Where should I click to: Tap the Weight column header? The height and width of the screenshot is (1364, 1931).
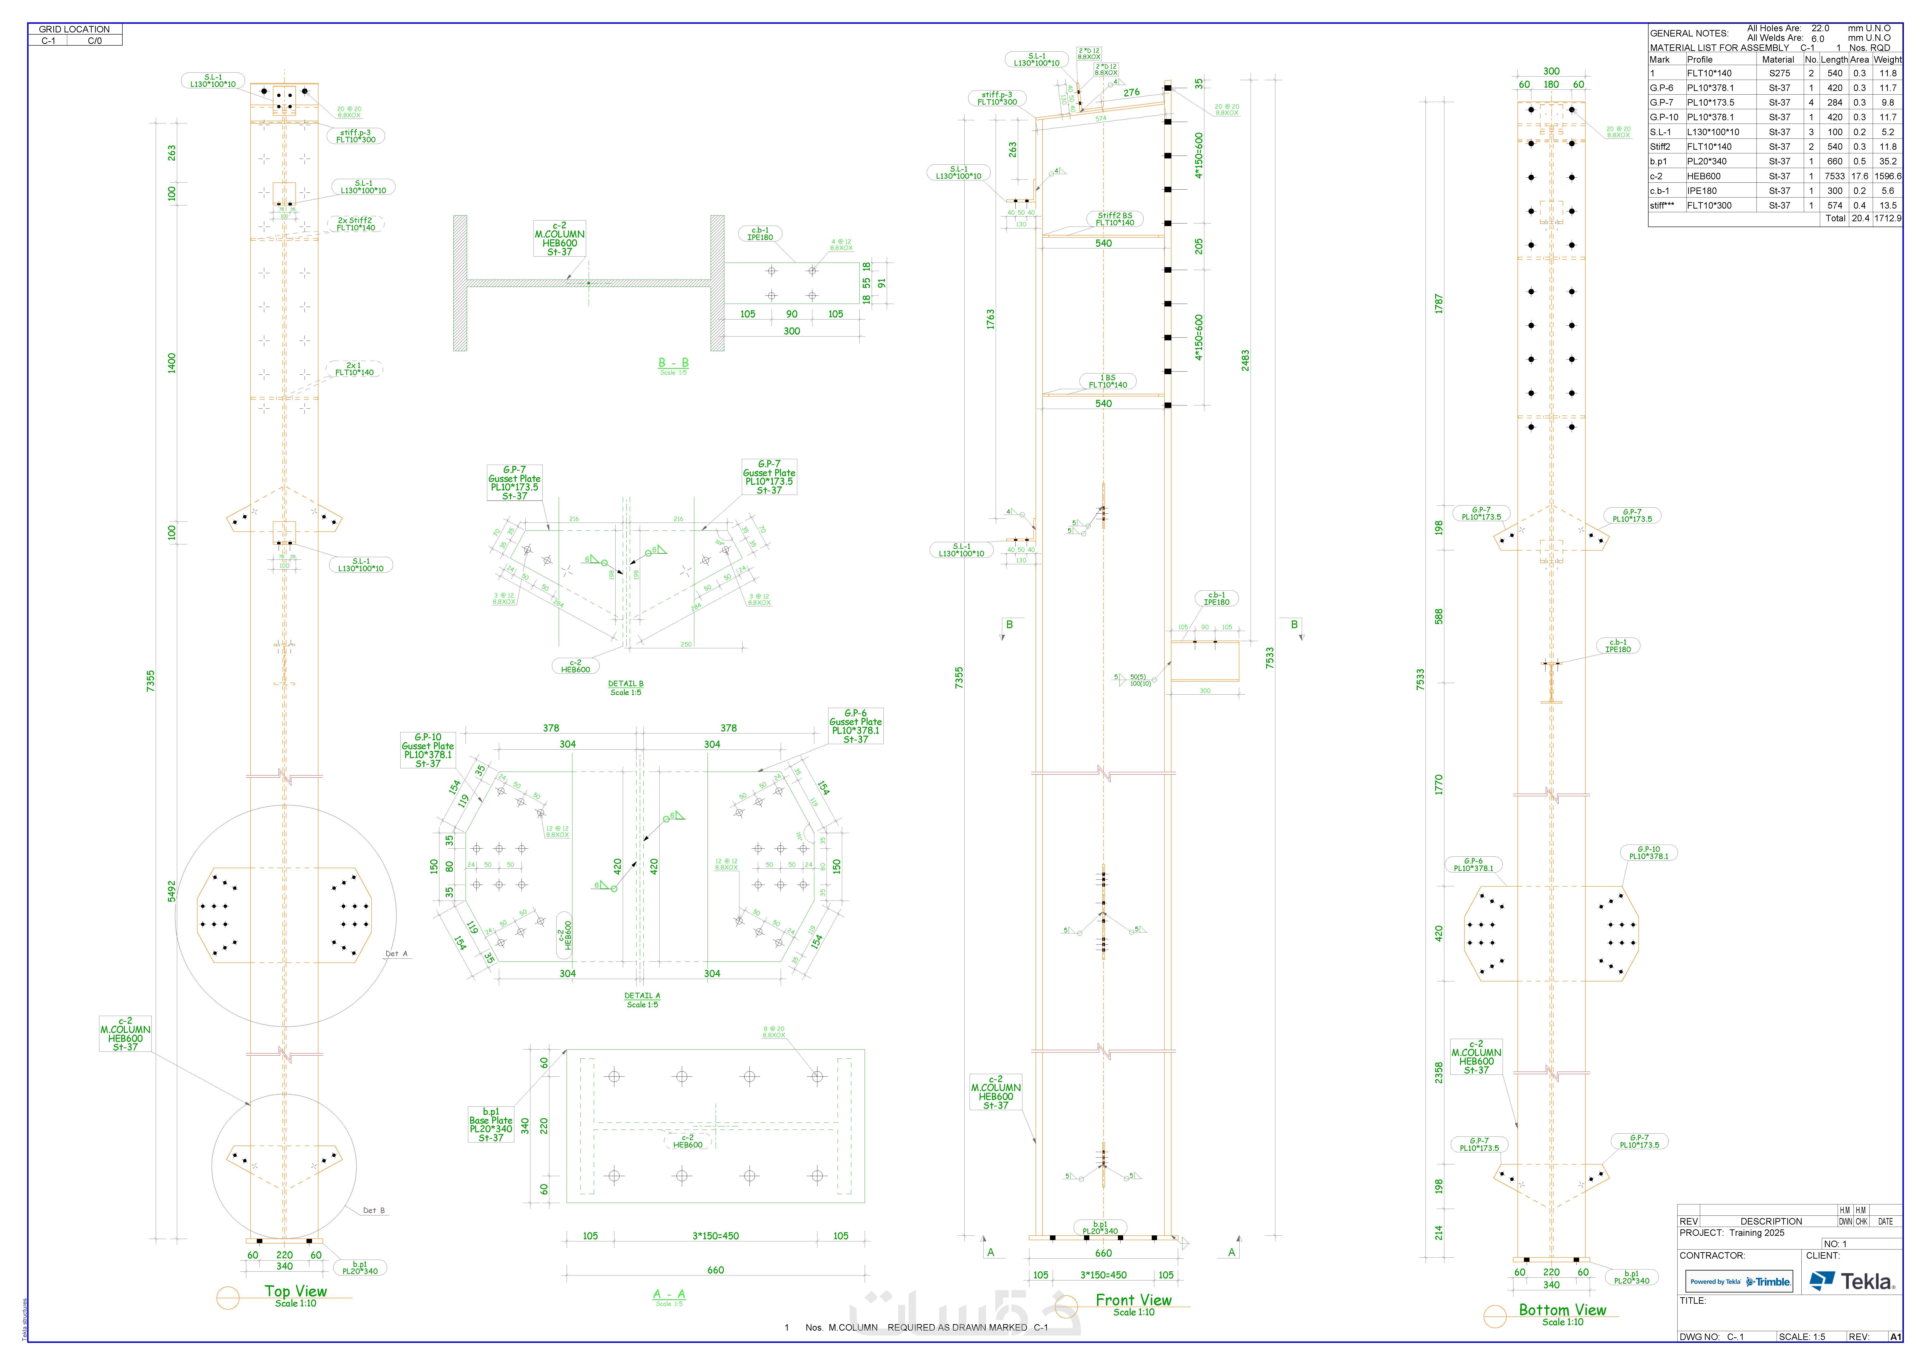pyautogui.click(x=1887, y=60)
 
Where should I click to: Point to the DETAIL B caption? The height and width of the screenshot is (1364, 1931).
pyautogui.click(x=626, y=684)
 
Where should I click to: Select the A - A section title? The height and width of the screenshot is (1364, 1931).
pyautogui.click(x=669, y=1294)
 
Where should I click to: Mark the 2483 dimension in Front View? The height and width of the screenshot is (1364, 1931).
pyautogui.click(x=1245, y=360)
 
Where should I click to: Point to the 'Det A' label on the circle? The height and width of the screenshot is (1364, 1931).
pyautogui.click(x=396, y=954)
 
